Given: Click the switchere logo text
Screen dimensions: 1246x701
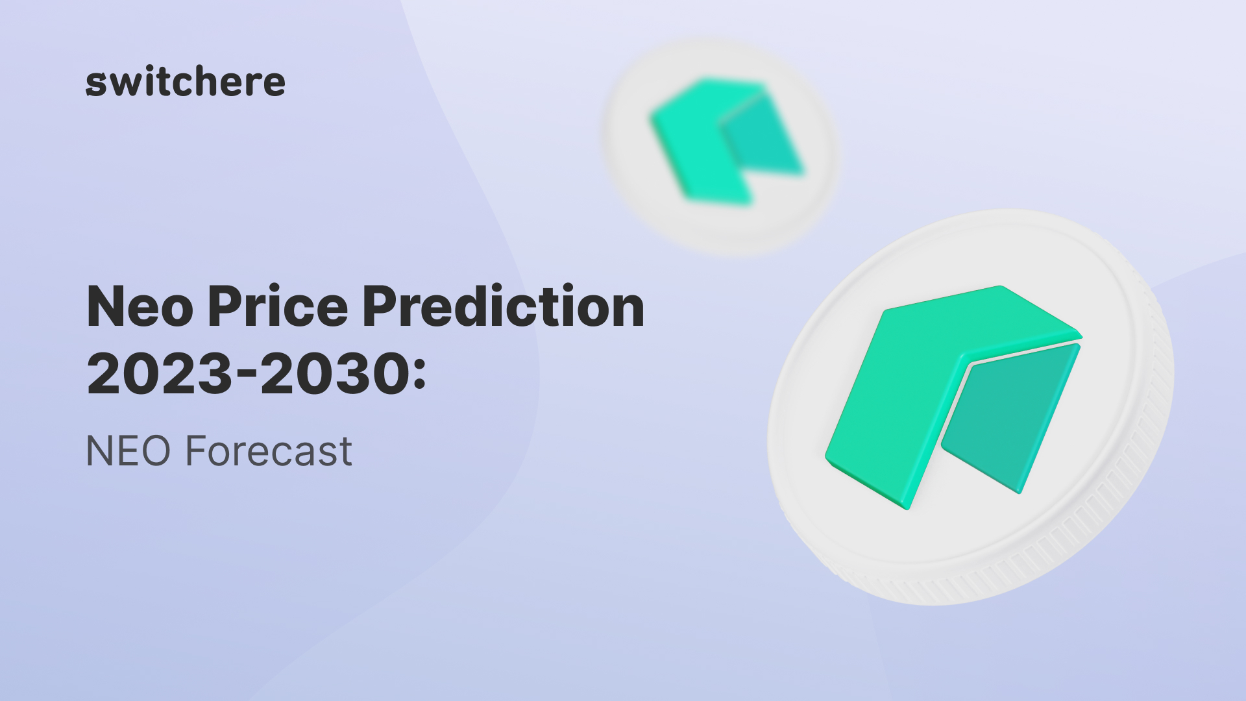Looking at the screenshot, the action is (x=186, y=81).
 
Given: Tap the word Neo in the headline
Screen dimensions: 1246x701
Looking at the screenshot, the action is (x=140, y=306).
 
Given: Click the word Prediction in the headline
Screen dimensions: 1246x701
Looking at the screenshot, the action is (x=504, y=304).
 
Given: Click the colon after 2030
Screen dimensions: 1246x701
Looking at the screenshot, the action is (x=419, y=376).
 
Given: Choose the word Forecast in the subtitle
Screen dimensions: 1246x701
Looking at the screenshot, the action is (x=269, y=451).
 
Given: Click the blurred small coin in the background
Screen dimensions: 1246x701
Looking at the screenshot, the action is (x=720, y=146).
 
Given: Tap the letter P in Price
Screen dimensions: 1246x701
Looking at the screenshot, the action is (x=225, y=306).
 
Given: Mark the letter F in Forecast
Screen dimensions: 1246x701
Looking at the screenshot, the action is (x=196, y=451).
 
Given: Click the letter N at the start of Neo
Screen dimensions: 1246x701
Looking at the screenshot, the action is (x=106, y=306).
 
